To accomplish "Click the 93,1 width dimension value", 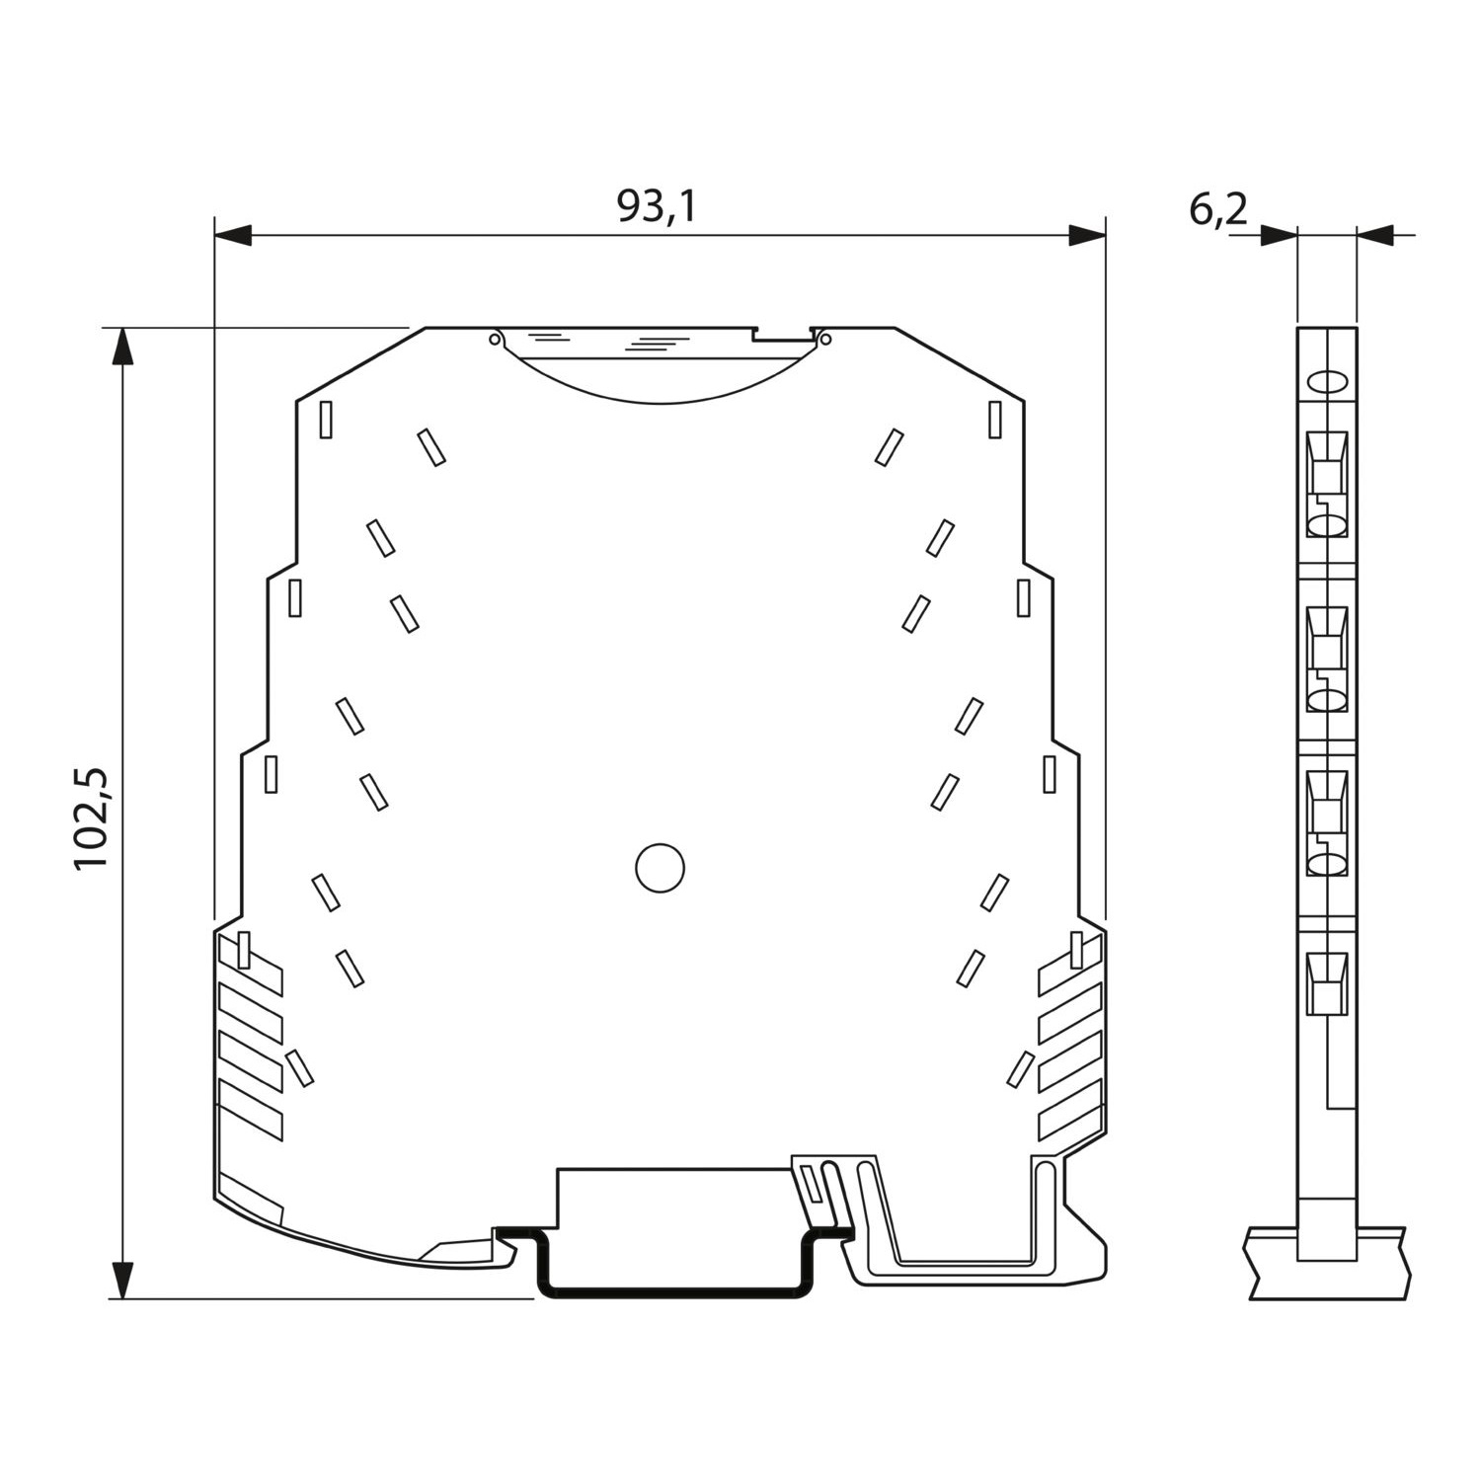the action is point(657,206).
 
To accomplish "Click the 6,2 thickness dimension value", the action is point(1218,209).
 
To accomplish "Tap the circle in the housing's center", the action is point(660,868).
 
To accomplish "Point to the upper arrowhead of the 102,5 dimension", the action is point(121,346).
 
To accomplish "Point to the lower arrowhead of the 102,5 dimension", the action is point(121,1279).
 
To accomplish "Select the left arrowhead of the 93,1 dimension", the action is point(233,235).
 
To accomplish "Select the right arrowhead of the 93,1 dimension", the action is point(1087,235).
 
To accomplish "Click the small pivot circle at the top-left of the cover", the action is point(494,340).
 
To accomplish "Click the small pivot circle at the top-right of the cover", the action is point(825,340).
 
